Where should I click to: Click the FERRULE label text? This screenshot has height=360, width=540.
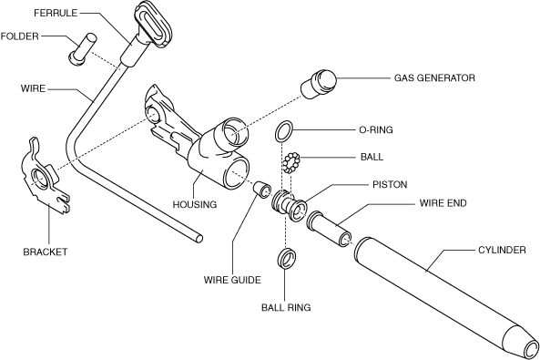56,13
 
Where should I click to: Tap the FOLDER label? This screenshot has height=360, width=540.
20,36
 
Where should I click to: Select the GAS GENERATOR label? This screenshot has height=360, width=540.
434,78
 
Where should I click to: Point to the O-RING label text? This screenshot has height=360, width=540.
376,129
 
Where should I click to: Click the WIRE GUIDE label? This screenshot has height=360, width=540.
232,279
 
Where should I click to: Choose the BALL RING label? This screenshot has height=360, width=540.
286,307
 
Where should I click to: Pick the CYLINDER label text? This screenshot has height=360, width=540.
502,250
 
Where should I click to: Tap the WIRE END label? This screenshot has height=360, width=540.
443,202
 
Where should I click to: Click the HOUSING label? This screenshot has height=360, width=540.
195,204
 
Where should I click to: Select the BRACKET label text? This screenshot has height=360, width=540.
46,252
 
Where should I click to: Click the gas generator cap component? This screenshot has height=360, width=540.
318,84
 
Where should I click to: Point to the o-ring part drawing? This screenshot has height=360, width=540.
284,131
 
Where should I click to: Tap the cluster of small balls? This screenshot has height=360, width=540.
291,163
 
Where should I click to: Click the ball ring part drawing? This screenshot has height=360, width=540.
287,258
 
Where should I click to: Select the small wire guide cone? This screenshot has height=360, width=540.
261,189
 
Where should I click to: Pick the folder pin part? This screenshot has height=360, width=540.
83,48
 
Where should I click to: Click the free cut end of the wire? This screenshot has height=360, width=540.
199,239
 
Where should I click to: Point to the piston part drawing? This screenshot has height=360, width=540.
289,206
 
